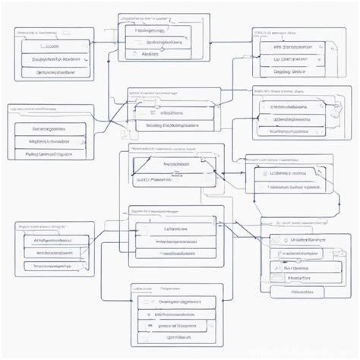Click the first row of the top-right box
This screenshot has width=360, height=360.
289,46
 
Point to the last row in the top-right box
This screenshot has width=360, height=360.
289,72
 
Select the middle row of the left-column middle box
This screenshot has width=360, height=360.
50,141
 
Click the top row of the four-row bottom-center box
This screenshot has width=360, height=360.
171,301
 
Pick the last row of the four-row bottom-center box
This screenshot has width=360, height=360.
171,336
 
